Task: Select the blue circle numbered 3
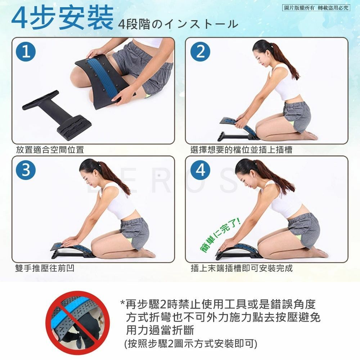coord(26,170)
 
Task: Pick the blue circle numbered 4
coord(201,170)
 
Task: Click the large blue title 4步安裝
coord(62,18)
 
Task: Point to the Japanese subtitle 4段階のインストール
coord(178,24)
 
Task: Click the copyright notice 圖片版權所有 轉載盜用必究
coord(316,8)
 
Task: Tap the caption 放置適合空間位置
coord(50,150)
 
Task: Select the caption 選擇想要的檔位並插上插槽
coord(241,150)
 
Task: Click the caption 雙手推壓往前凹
coord(45,268)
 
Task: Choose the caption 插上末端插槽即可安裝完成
coord(242,268)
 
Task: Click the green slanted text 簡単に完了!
coord(220,235)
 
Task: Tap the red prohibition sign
coord(77,323)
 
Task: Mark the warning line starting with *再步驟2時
coord(218,304)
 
